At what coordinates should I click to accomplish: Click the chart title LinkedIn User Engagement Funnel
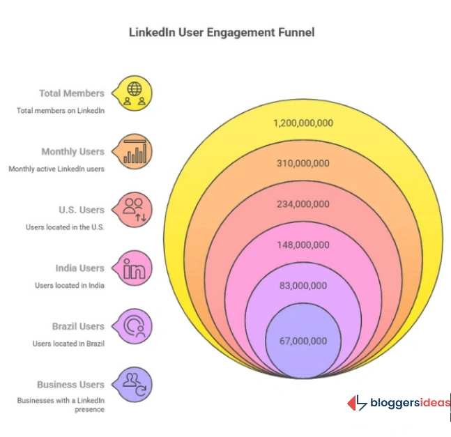pos(222,32)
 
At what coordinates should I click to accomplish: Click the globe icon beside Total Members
pos(135,93)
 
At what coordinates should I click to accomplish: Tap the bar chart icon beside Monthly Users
pos(135,151)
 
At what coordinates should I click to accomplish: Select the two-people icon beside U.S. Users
pos(134,210)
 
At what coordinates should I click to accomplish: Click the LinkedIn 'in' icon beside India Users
pos(134,268)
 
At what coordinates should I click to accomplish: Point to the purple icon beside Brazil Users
pos(134,326)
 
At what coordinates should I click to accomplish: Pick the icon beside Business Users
pos(134,384)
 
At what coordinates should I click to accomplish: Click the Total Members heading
pos(72,93)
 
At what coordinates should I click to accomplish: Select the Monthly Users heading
pos(72,151)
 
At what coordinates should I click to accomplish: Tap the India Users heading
pos(79,268)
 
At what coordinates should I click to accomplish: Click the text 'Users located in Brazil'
pos(68,344)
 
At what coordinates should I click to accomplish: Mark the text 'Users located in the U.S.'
pos(65,227)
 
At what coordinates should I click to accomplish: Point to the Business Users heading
pos(71,384)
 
